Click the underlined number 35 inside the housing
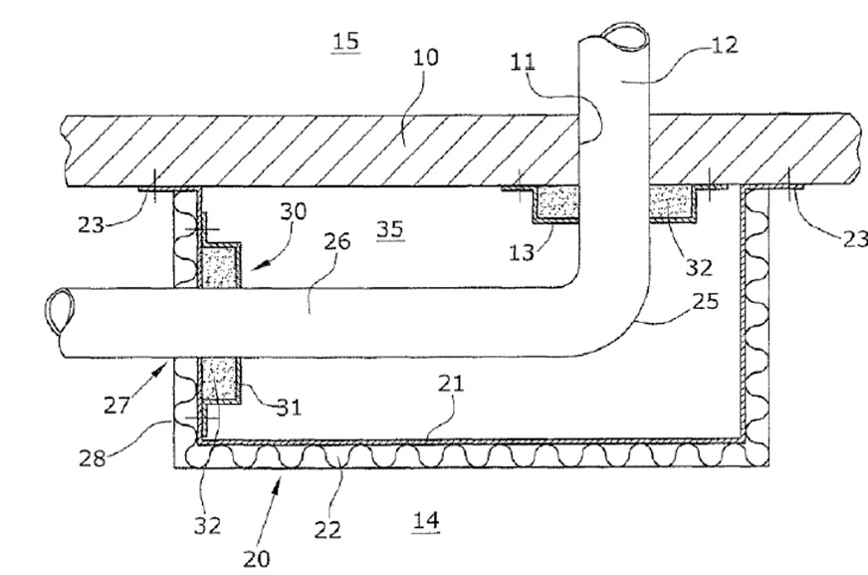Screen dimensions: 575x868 tap(389, 230)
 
